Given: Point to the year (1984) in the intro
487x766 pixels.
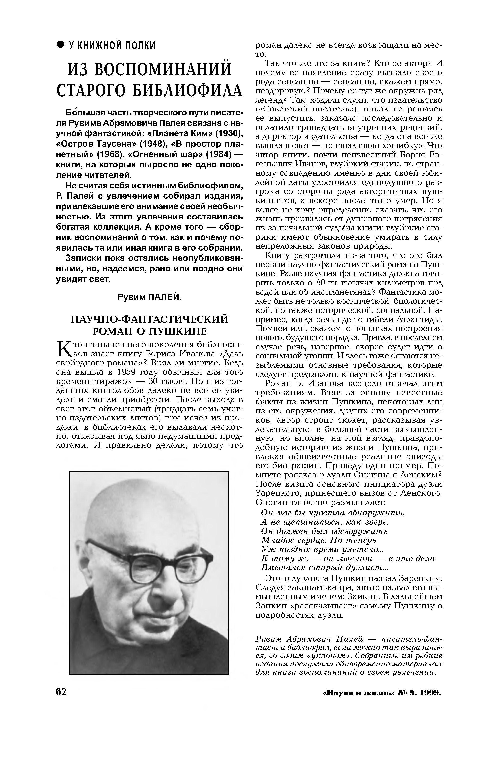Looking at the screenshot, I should pos(220,154).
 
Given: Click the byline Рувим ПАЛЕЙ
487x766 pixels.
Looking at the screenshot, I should pos(149,297).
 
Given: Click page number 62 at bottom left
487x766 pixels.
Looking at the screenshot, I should pos(61,692).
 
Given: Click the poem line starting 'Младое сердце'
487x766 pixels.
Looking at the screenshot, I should pos(318,540).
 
